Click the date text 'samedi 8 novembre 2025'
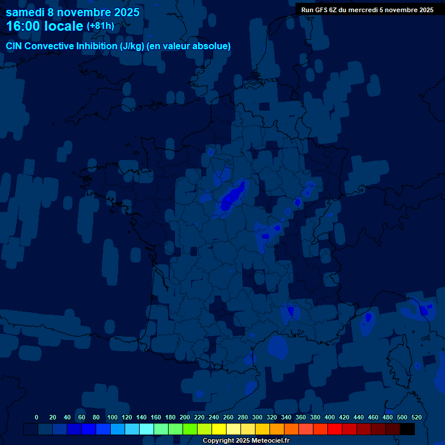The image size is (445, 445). [72, 12]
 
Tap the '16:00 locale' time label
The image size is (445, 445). [45, 26]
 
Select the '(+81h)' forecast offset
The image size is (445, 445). [100, 26]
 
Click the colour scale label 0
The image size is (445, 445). [37, 417]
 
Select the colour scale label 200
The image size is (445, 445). [185, 417]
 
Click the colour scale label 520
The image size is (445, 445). [417, 417]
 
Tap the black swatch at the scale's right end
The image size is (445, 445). [407, 429]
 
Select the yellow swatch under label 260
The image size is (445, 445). [219, 429]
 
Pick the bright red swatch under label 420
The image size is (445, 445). [335, 429]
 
